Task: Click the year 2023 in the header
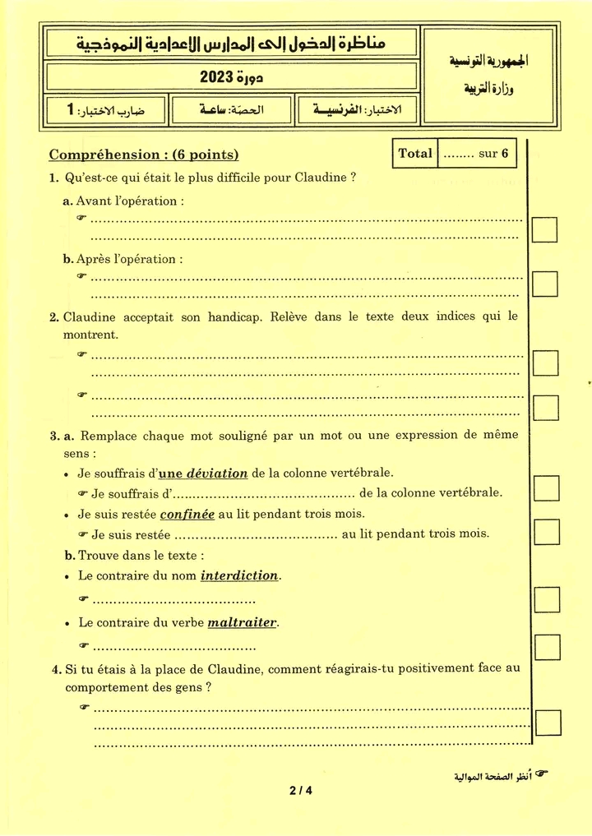pyautogui.click(x=215, y=78)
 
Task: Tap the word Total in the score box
pyautogui.click(x=415, y=154)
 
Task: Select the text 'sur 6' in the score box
pyautogui.click(x=493, y=154)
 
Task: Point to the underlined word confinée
pyautogui.click(x=187, y=515)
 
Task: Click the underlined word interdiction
pyautogui.click(x=240, y=575)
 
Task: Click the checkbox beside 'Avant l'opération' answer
pyautogui.click(x=544, y=229)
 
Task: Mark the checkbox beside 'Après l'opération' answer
pyautogui.click(x=544, y=284)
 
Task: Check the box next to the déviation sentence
pyautogui.click(x=546, y=488)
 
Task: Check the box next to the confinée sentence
pyautogui.click(x=546, y=533)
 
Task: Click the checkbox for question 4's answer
pyautogui.click(x=548, y=723)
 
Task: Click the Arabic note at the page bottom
pyautogui.click(x=493, y=777)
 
